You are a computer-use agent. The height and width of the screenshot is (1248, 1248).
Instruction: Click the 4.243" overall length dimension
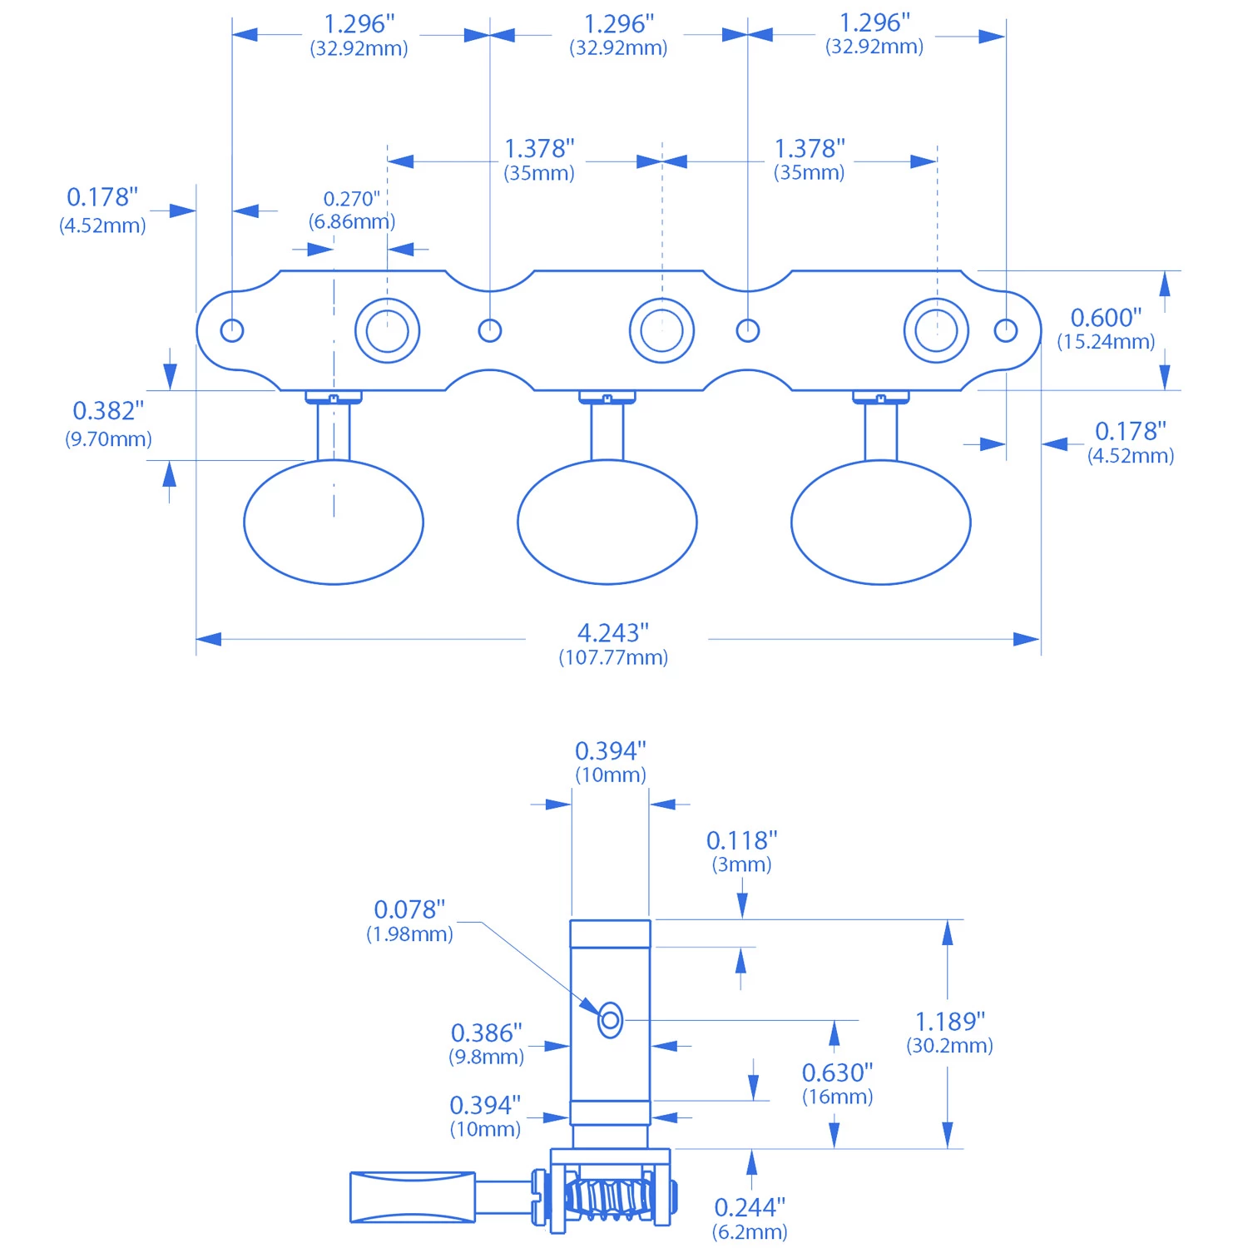pos(613,633)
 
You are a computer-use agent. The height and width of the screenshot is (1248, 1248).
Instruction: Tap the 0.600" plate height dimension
pos(1106,318)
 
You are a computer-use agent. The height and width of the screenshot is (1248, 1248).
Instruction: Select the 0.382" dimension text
pos(108,411)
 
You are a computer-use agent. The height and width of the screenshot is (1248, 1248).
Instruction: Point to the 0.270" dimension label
pos(351,200)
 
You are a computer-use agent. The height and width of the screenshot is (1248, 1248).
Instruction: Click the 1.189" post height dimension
pos(949,1022)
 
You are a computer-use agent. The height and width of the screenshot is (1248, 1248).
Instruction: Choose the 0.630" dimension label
pos(837,1072)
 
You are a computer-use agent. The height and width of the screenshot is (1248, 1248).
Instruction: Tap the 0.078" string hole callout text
pos(409,910)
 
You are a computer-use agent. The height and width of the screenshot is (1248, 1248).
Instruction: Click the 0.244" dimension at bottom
pos(750,1207)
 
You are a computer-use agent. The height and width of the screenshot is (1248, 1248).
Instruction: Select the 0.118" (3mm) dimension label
pos(741,841)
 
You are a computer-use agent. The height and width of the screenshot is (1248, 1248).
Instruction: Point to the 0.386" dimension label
pos(486,1033)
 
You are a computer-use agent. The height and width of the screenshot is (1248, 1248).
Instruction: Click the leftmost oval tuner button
pos(334,522)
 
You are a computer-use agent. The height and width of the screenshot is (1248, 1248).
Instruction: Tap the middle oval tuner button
pos(607,522)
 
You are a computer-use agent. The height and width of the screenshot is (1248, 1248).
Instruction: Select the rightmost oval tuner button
pos(880,522)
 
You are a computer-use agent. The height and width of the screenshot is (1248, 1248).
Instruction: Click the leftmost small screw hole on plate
pos(232,330)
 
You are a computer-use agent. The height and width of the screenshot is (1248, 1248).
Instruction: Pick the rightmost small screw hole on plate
pos(1006,330)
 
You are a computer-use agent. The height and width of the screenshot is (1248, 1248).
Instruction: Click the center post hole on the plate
pos(661,330)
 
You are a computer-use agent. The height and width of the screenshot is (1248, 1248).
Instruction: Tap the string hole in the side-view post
pos(610,1020)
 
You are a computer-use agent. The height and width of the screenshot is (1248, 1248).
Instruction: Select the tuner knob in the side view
pos(413,1197)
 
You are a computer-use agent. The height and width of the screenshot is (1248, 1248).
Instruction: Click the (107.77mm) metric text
pos(613,658)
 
